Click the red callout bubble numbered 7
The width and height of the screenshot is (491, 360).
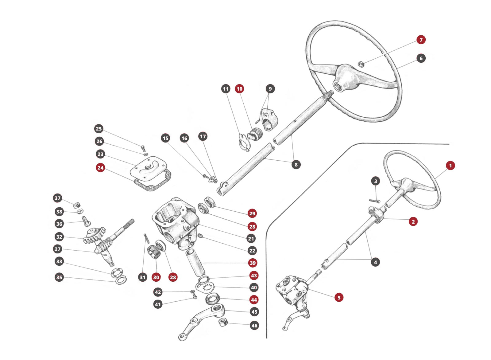[x=421, y=40]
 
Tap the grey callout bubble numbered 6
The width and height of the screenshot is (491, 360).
[x=421, y=58]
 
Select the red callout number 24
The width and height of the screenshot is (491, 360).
[x=100, y=167]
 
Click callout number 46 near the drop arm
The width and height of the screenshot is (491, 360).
[x=254, y=325]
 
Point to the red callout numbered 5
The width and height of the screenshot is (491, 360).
[x=339, y=297]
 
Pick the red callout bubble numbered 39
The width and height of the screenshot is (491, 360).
[x=253, y=263]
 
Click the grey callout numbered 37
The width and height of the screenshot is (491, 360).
[x=58, y=198]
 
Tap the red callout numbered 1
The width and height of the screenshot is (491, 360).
[x=450, y=166]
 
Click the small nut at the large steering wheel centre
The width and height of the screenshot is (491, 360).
[x=361, y=64]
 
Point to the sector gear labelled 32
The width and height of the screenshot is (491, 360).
[x=94, y=235]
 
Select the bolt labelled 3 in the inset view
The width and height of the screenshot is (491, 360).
[x=374, y=201]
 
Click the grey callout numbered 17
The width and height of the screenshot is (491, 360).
[x=203, y=136]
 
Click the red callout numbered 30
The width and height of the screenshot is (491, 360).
[x=156, y=277]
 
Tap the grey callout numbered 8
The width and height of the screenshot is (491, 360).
[x=296, y=165]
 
